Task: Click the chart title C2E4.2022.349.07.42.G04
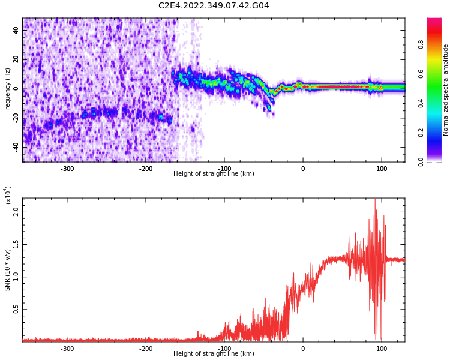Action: pyautogui.click(x=214, y=5)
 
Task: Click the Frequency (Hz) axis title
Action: pyautogui.click(x=8, y=90)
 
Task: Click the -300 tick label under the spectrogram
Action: pyautogui.click(x=67, y=169)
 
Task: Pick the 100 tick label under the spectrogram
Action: pyautogui.click(x=382, y=169)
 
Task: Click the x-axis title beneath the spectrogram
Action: pyautogui.click(x=214, y=174)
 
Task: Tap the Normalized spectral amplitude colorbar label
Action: pyautogui.click(x=446, y=90)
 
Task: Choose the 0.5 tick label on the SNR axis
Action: pyautogui.click(x=16, y=310)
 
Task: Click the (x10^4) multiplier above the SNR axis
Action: pyautogui.click(x=8, y=194)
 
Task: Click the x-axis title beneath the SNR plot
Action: pyautogui.click(x=214, y=354)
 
